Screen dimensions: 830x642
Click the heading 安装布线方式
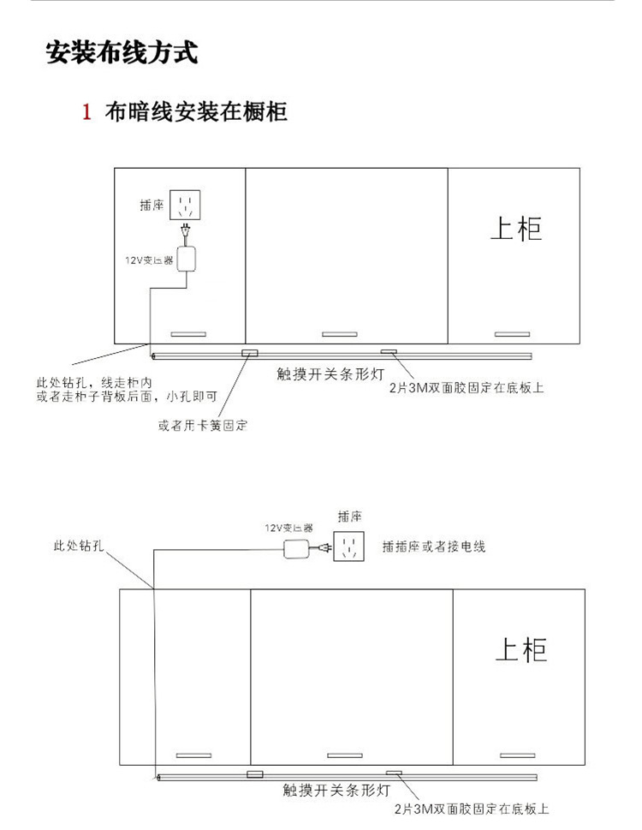click(122, 52)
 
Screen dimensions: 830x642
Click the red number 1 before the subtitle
click(86, 112)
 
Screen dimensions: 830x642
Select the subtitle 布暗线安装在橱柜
click(195, 112)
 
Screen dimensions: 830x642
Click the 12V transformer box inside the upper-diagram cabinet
click(187, 259)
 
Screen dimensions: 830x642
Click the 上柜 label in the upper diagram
click(516, 227)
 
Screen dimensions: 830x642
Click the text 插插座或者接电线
click(434, 546)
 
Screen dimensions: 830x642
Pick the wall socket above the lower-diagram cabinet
click(349, 546)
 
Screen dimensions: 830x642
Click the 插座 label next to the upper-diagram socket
click(152, 206)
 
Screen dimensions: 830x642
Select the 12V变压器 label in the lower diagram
click(288, 528)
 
